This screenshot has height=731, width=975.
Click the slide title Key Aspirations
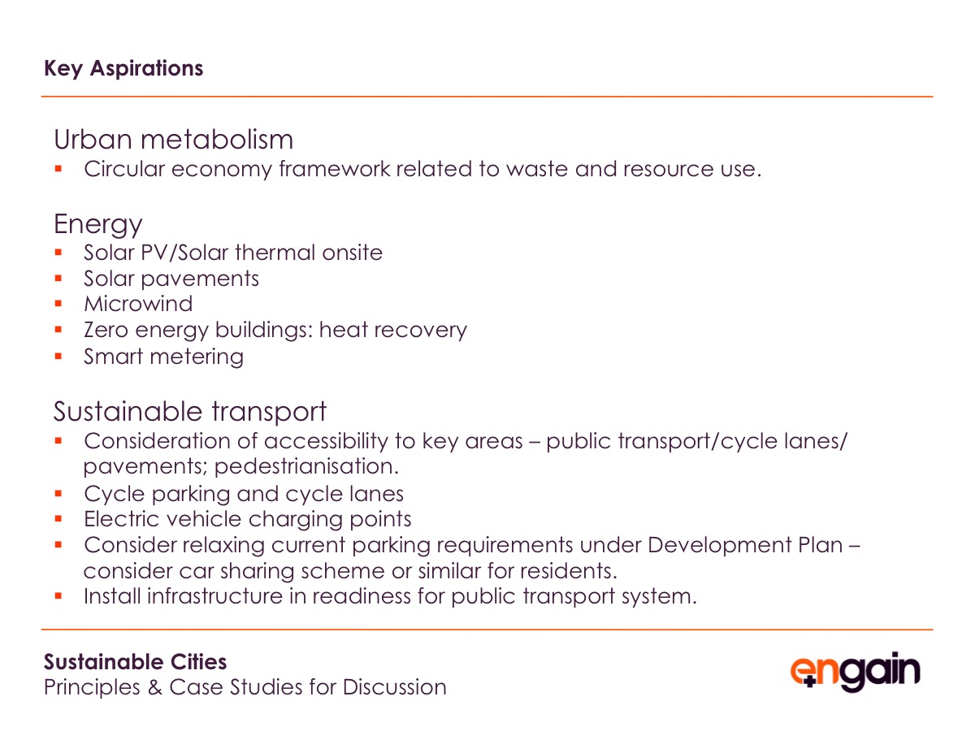pyautogui.click(x=123, y=69)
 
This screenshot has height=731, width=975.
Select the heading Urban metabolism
pyautogui.click(x=173, y=140)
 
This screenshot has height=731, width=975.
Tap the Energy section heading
pyautogui.click(x=98, y=225)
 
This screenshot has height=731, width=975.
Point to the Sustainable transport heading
pyautogui.click(x=190, y=412)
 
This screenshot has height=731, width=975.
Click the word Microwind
pyautogui.click(x=138, y=304)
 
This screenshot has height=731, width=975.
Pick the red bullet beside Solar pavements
pyautogui.click(x=58, y=279)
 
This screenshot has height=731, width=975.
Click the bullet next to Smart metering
pyautogui.click(x=58, y=356)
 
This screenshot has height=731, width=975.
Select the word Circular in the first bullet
pyautogui.click(x=124, y=169)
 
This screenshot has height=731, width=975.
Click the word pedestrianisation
pyautogui.click(x=306, y=466)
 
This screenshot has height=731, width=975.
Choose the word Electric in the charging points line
pyautogui.click(x=121, y=519)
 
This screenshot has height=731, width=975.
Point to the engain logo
pyautogui.click(x=855, y=672)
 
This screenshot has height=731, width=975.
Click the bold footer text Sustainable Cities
pyautogui.click(x=135, y=662)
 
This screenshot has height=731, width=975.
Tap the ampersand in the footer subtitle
pyautogui.click(x=154, y=687)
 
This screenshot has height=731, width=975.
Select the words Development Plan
pyautogui.click(x=745, y=545)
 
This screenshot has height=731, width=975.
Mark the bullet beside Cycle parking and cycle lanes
pyautogui.click(x=58, y=493)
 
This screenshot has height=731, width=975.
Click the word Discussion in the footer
pyautogui.click(x=394, y=687)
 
